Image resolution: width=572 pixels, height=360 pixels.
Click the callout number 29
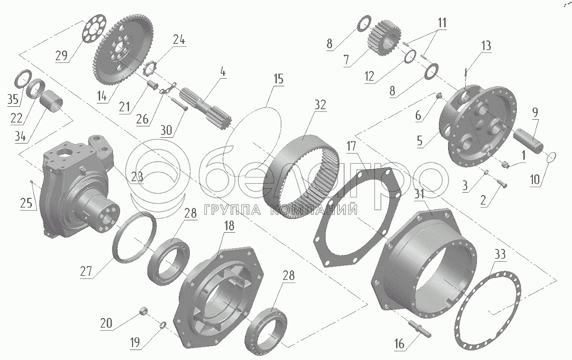click(x=61, y=55)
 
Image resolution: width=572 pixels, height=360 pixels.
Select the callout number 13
click(x=486, y=46)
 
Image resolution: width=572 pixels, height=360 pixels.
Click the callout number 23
click(x=137, y=177)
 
